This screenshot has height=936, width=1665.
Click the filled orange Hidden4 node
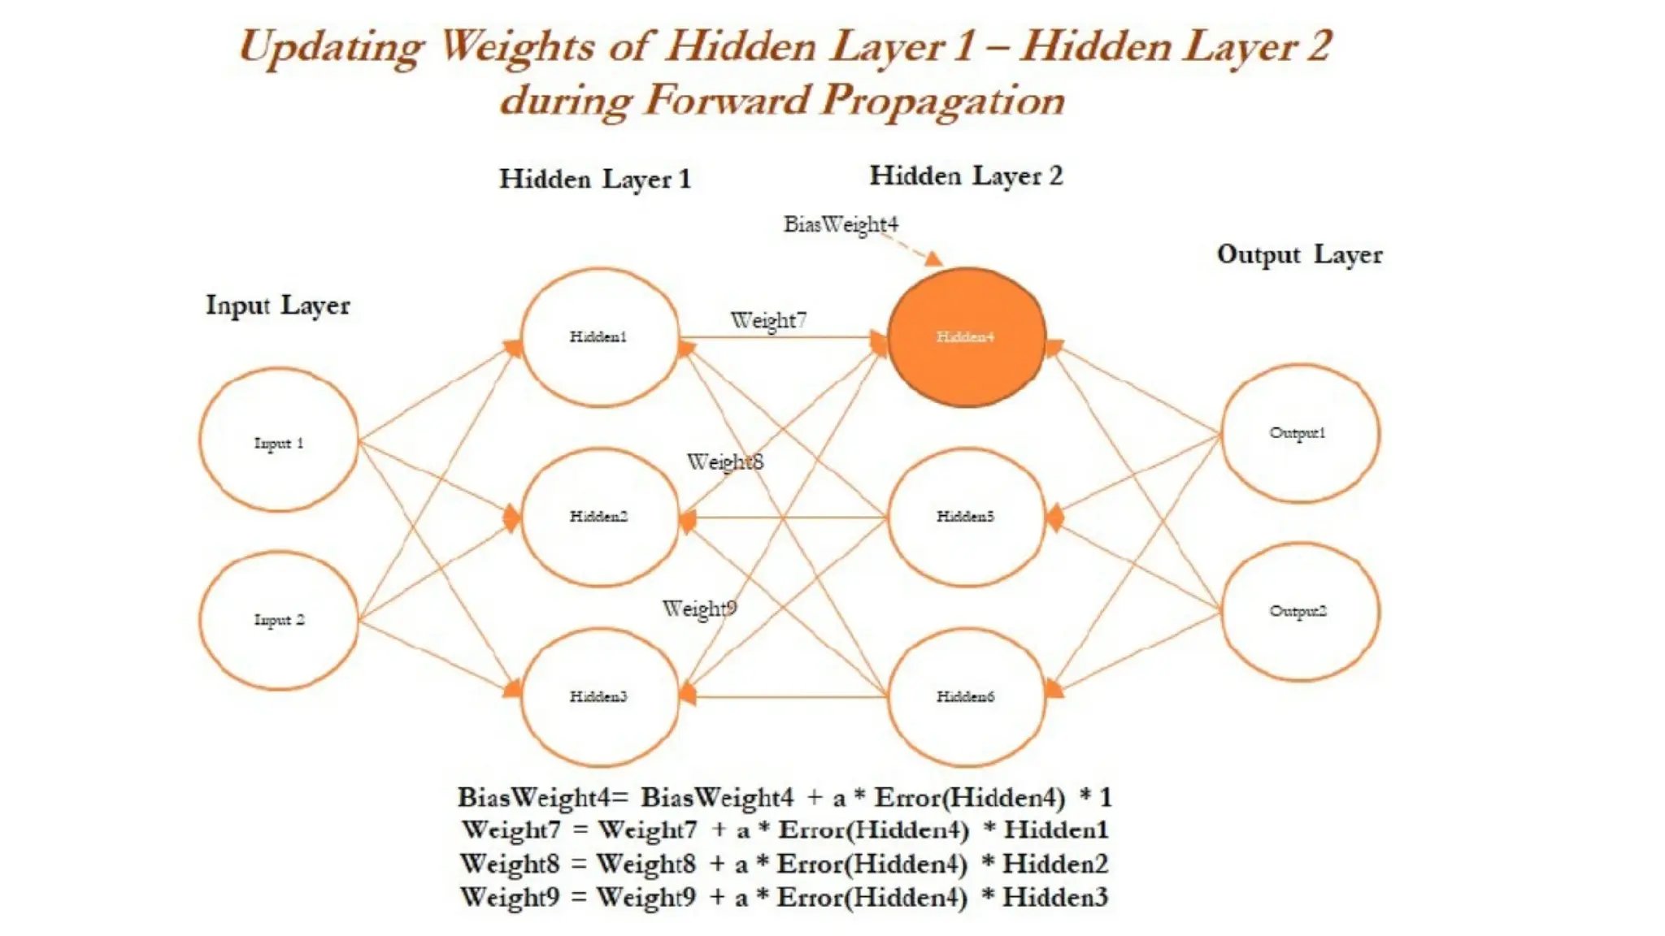coord(966,337)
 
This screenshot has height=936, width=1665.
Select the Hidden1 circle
coord(599,337)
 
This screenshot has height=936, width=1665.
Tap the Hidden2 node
coord(599,517)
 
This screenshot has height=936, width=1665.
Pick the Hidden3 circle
coord(599,696)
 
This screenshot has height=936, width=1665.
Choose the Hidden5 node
coord(966,517)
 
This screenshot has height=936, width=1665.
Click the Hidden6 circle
coord(966,696)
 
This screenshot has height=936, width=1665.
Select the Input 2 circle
coord(279,620)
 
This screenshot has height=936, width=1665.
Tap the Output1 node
coord(1299,433)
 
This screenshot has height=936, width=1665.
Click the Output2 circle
coord(1299,611)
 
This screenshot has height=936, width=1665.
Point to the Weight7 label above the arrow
coord(768,320)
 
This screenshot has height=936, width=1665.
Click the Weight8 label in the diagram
coord(725,462)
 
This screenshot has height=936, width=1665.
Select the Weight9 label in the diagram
coord(699,609)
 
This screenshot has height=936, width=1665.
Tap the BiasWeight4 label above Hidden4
coord(841,224)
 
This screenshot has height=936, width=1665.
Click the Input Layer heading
coord(278,305)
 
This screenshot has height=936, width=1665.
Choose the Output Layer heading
coord(1299,254)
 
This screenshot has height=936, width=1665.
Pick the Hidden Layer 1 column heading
coord(594,179)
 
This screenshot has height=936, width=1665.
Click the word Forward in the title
coord(728,101)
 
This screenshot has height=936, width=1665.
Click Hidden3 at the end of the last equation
coord(1054,897)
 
